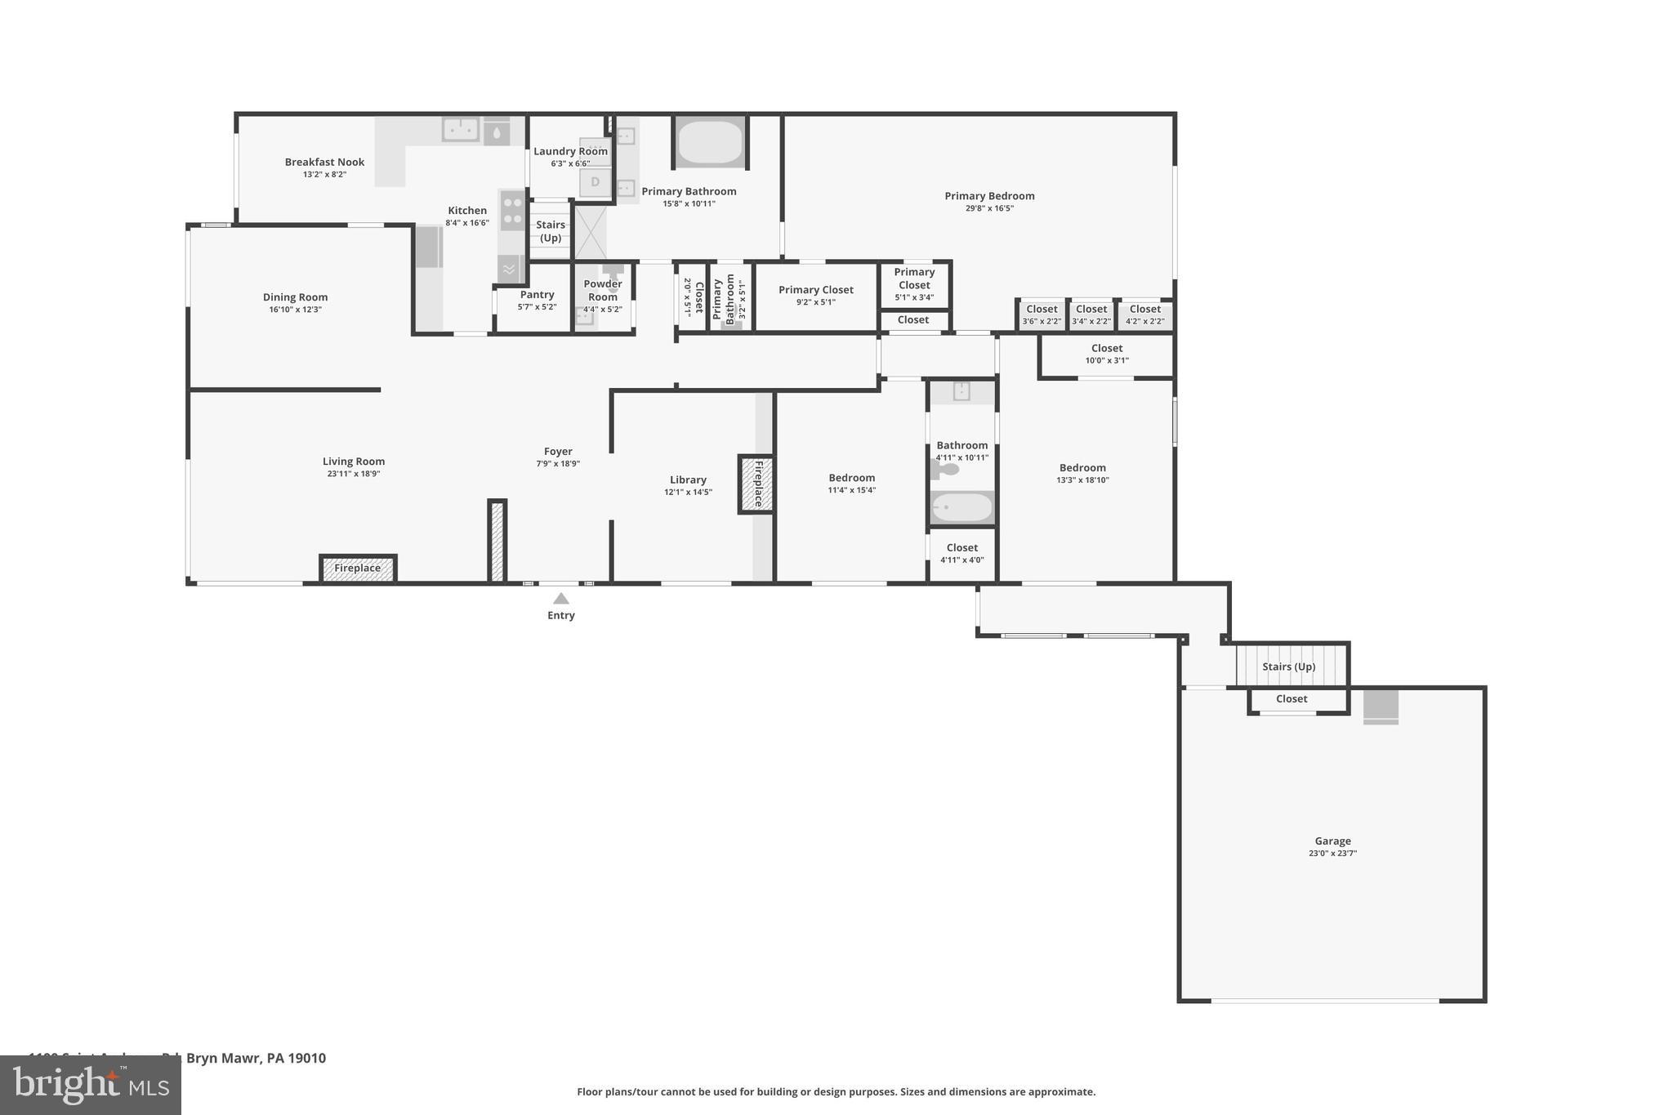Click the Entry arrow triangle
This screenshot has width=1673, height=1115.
point(560,599)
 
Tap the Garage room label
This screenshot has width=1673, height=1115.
point(1332,841)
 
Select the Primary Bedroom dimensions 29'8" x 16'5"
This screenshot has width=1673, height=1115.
point(989,208)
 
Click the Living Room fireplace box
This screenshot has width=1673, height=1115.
point(358,568)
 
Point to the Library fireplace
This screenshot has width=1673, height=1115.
point(756,484)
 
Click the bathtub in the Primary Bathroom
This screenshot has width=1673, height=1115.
point(710,142)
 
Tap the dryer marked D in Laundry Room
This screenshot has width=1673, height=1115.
point(596,182)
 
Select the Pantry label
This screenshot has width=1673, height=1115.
point(537,294)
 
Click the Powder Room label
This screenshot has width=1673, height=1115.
point(603,290)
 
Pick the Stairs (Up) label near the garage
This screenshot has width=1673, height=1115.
point(1288,667)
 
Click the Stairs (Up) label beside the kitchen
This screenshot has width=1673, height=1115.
point(551,231)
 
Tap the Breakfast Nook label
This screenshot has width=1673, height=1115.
point(324,162)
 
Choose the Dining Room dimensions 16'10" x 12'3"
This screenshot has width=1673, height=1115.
point(295,310)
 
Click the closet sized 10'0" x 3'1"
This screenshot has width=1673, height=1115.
point(1107,354)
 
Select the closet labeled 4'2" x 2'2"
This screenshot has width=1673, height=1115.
point(1144,314)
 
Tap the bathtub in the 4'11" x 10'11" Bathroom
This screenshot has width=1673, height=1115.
point(961,507)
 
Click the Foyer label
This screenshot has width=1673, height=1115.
point(558,451)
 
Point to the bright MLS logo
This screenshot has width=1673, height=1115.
point(90,1085)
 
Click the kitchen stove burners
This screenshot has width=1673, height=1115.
point(512,210)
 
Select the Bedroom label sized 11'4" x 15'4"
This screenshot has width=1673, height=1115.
point(851,478)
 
